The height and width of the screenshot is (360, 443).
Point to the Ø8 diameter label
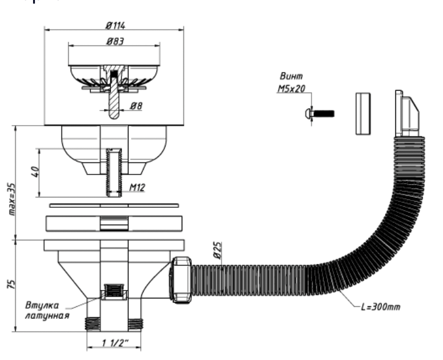136,106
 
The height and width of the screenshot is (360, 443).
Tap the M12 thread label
137,188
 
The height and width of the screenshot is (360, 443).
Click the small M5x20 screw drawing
318,113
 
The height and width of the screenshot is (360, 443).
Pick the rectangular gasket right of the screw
362,114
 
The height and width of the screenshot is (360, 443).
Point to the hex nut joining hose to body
182,279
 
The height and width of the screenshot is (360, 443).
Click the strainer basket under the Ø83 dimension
114,77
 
